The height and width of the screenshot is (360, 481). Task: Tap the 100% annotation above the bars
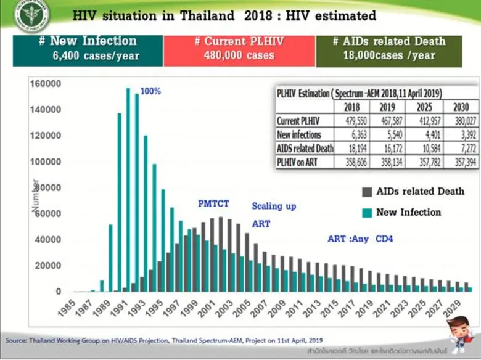pos(150,91)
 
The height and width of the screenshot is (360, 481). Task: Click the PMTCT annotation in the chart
pos(213,203)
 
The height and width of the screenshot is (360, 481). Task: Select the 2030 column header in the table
pos(460,106)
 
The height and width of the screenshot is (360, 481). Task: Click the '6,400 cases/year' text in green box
pos(88,56)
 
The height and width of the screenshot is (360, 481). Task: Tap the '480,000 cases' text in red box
pos(239,56)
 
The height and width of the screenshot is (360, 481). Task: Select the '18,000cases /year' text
pos(388,56)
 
